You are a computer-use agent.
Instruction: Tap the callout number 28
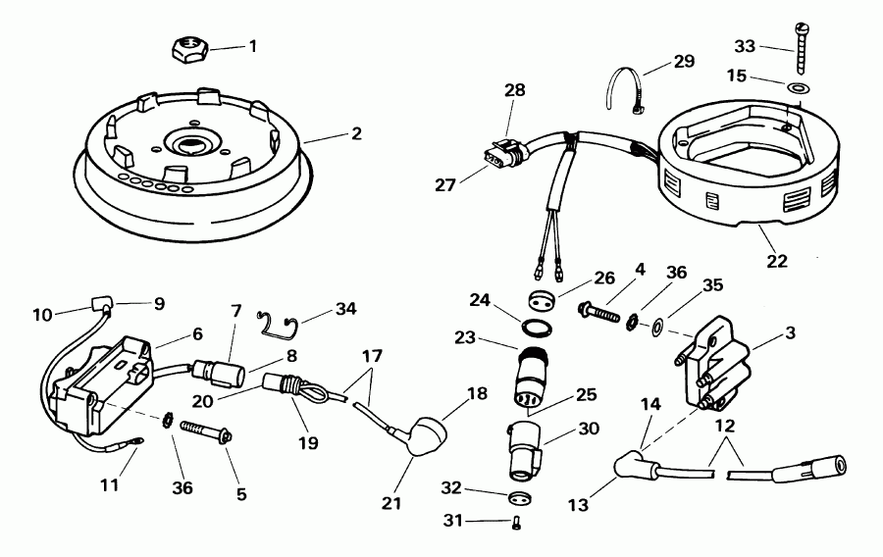[x=515, y=90]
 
